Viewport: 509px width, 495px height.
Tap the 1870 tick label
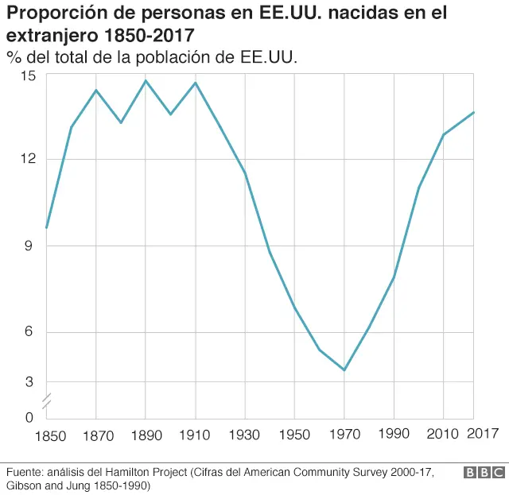96,435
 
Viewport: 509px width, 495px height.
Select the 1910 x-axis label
195,435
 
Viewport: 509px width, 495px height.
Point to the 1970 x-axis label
344,435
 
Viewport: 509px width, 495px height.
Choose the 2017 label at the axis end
482,434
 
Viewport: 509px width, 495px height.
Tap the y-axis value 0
29,417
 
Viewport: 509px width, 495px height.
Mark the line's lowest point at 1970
344,370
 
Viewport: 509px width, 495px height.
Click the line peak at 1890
146,80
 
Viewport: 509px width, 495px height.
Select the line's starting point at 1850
47,228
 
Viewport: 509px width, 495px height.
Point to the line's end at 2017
474,112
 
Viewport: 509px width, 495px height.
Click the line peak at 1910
195,83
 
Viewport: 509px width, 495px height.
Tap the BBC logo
483,473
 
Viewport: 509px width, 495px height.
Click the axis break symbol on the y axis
47,401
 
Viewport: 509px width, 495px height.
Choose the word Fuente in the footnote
25,472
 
